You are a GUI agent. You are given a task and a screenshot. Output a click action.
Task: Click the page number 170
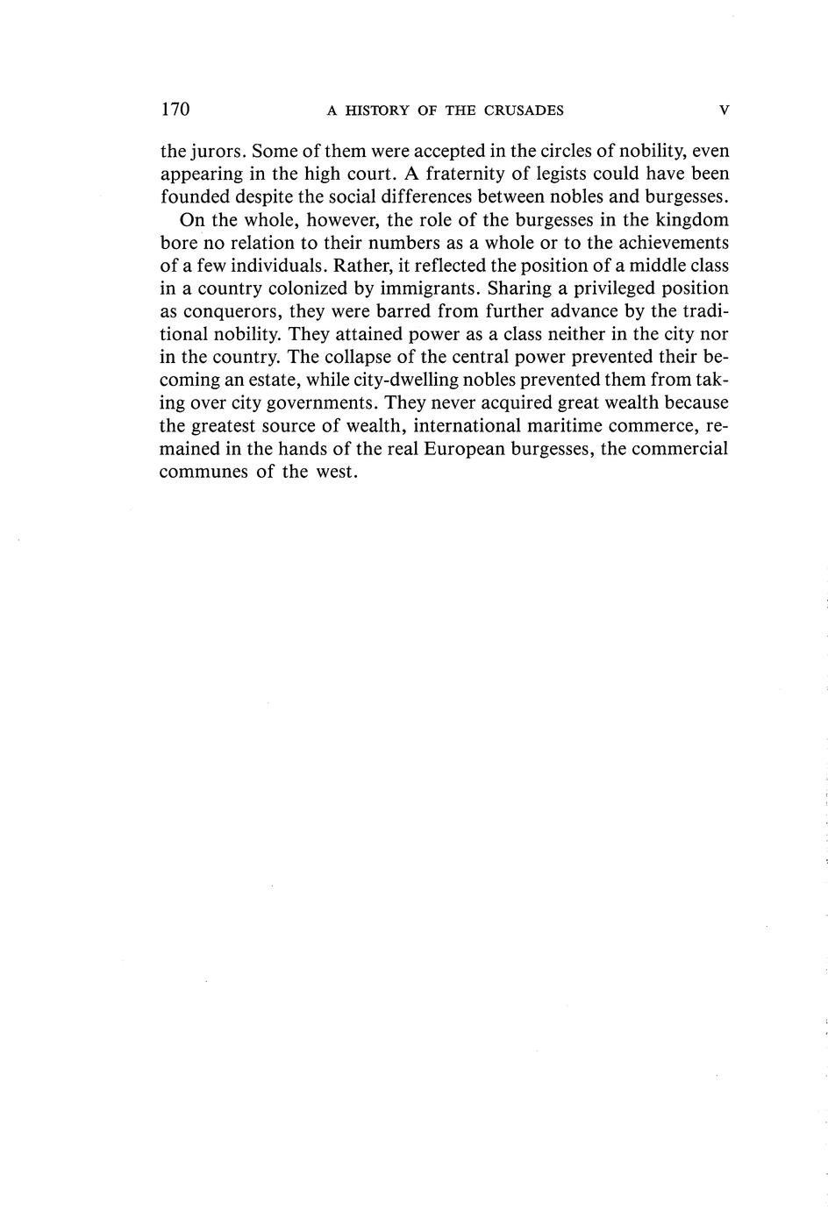tap(175, 110)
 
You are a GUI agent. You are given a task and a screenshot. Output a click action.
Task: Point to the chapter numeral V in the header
tap(724, 110)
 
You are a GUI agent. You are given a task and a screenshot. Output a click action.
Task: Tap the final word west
tap(334, 471)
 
